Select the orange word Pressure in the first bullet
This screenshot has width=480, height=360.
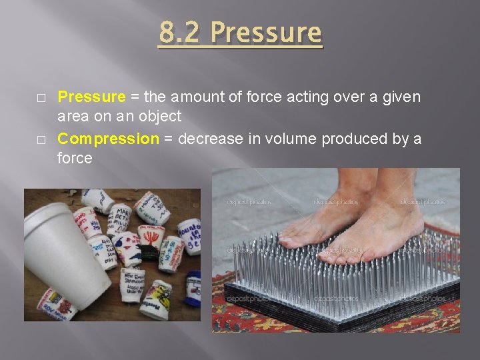pyautogui.click(x=91, y=97)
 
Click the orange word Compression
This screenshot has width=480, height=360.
pyautogui.click(x=108, y=139)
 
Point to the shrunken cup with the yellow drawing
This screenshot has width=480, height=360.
pyautogui.click(x=156, y=297)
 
